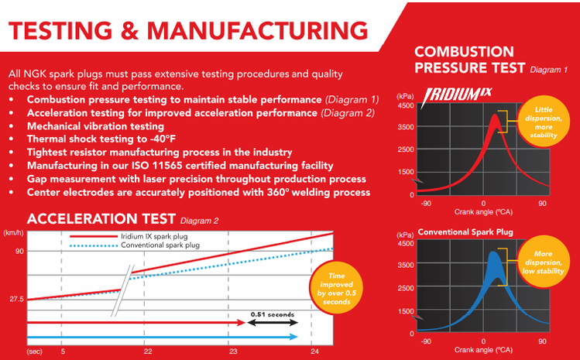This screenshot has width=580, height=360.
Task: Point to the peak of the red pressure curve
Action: click(x=494, y=116)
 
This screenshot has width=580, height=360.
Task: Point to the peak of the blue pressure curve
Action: click(x=491, y=253)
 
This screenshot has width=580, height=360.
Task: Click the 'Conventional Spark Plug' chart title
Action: click(x=466, y=231)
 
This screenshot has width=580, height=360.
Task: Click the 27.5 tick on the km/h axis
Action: click(x=15, y=299)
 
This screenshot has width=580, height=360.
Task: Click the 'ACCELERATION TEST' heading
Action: click(x=91, y=218)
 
